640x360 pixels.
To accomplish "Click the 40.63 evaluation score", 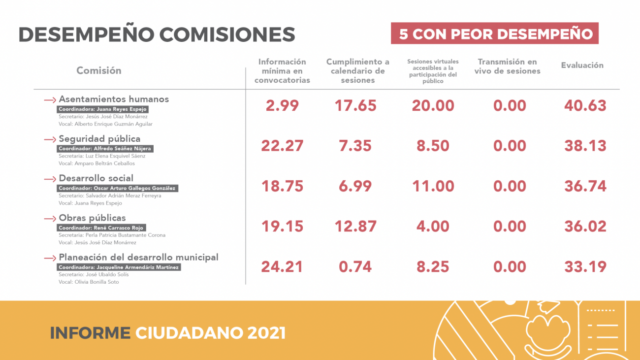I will pyautogui.click(x=585, y=105).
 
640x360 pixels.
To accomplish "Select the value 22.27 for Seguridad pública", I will pyautogui.click(x=282, y=146).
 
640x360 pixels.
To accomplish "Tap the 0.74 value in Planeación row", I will pyautogui.click(x=355, y=266).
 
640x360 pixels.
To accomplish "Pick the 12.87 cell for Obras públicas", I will pyautogui.click(x=355, y=226).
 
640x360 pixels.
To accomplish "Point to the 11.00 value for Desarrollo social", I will pyautogui.click(x=433, y=186).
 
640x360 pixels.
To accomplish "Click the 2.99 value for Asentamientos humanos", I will pyautogui.click(x=282, y=105).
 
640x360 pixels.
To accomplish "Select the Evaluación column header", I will pyautogui.click(x=582, y=65).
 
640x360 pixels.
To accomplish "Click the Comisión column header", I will pyautogui.click(x=98, y=70).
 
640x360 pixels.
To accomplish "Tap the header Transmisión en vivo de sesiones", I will pyautogui.click(x=507, y=66).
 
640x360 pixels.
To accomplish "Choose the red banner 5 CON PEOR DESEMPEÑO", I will pyautogui.click(x=494, y=33).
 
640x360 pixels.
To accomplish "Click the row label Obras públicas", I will pyautogui.click(x=92, y=218).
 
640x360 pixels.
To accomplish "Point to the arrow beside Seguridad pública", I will pyautogui.click(x=50, y=139).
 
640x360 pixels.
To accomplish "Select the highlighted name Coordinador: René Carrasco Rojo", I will pyautogui.click(x=101, y=228).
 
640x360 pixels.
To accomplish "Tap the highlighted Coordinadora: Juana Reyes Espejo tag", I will pyautogui.click(x=102, y=109).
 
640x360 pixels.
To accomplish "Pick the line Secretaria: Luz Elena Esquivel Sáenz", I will pyautogui.click(x=102, y=156).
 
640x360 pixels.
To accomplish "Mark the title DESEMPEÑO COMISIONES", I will pyautogui.click(x=157, y=34).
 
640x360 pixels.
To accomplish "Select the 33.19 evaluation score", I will pyautogui.click(x=585, y=266).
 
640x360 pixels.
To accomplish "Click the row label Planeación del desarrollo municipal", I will pyautogui.click(x=138, y=257).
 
